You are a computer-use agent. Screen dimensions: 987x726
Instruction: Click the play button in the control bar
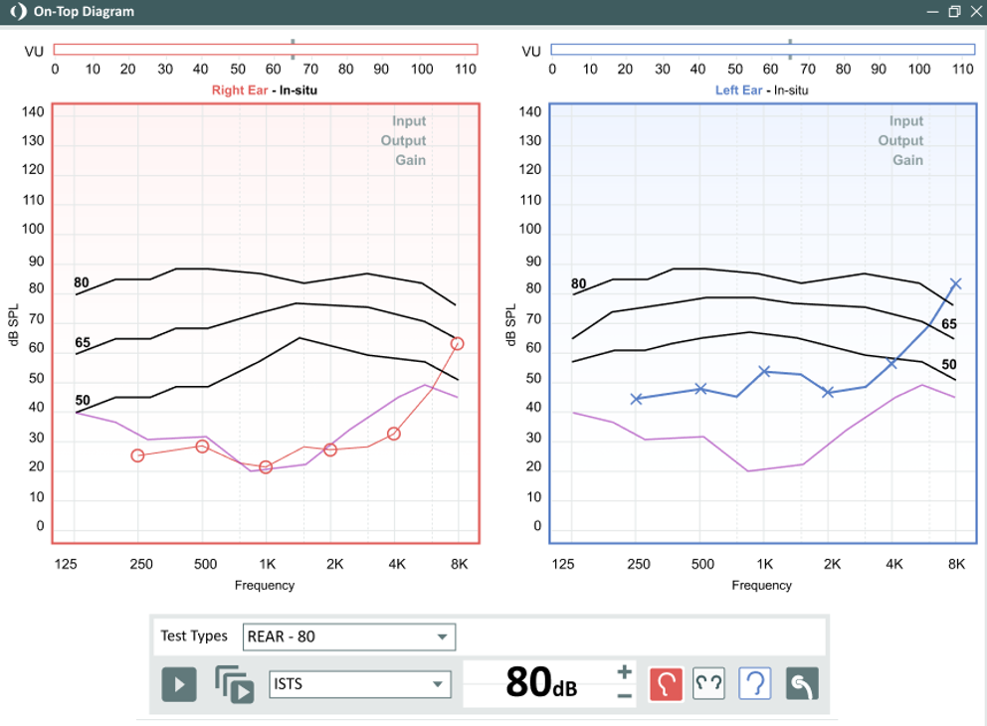click(x=179, y=684)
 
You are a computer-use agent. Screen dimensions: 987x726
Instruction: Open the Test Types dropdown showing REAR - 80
click(x=348, y=636)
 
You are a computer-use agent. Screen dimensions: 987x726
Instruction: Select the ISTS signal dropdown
click(x=360, y=684)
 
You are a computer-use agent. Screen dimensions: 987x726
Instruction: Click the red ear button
click(x=666, y=683)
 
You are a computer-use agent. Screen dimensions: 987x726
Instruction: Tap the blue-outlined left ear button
click(x=754, y=683)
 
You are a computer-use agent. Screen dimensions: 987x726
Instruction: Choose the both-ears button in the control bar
click(x=708, y=683)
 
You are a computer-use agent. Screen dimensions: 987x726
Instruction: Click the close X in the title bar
click(x=977, y=11)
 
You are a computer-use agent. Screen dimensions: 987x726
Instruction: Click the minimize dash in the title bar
click(x=933, y=12)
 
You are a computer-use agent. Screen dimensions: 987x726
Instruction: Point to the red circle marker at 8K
click(x=457, y=343)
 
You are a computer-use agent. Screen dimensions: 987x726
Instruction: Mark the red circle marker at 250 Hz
click(x=138, y=454)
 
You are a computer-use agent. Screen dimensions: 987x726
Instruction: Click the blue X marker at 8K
click(x=955, y=283)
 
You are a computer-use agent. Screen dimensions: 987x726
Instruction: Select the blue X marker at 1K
click(x=764, y=371)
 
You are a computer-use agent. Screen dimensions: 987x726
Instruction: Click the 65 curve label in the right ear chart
click(x=83, y=342)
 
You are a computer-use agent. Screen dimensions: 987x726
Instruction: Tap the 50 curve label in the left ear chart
click(x=949, y=364)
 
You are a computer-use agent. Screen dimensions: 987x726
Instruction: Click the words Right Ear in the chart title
click(x=240, y=90)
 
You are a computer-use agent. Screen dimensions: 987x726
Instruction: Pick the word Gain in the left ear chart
click(x=907, y=160)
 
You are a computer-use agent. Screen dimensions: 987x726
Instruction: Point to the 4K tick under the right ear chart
click(x=397, y=564)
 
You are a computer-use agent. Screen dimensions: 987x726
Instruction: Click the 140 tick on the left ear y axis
click(x=530, y=111)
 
